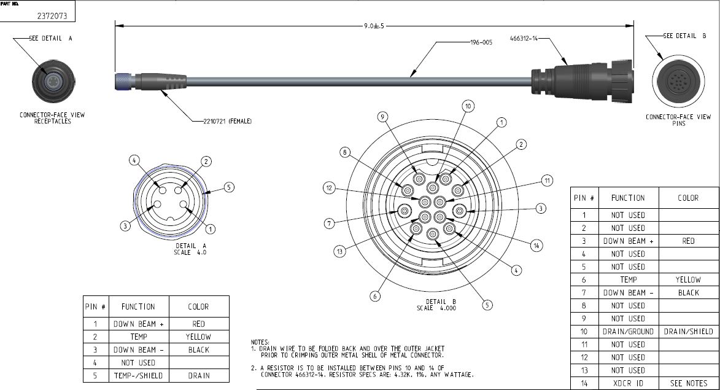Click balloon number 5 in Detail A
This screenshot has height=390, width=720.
228,187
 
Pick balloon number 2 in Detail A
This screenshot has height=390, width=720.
206,162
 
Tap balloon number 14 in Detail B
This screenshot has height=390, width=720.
536,246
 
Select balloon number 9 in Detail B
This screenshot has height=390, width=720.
382,117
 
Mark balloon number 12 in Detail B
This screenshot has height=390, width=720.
330,188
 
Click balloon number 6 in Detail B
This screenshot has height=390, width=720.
376,296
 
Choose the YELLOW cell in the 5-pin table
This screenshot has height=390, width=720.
198,337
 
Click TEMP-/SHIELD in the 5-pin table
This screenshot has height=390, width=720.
138,375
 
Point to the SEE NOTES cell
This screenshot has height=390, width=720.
688,383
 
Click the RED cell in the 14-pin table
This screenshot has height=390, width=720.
688,241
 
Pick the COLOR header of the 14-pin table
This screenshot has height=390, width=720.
688,198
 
